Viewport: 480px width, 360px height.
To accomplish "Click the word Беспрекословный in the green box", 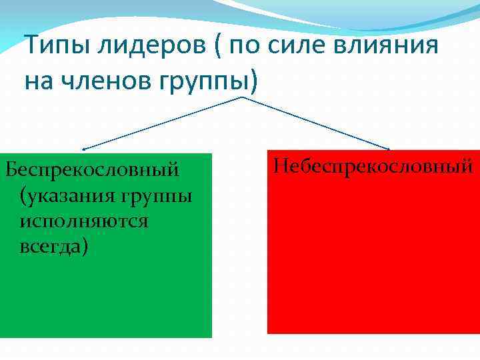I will coord(92,169).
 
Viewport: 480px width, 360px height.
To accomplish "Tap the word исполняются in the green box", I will coord(84,221).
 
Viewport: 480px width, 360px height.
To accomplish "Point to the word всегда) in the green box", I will coord(54,246).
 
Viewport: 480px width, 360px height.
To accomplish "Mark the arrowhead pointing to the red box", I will coord(388,148).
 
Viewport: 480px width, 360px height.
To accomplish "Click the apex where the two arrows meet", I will coord(240,97).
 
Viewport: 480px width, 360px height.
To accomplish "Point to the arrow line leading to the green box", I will coord(160,123).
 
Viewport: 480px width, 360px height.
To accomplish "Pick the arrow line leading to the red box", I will coord(313,123).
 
